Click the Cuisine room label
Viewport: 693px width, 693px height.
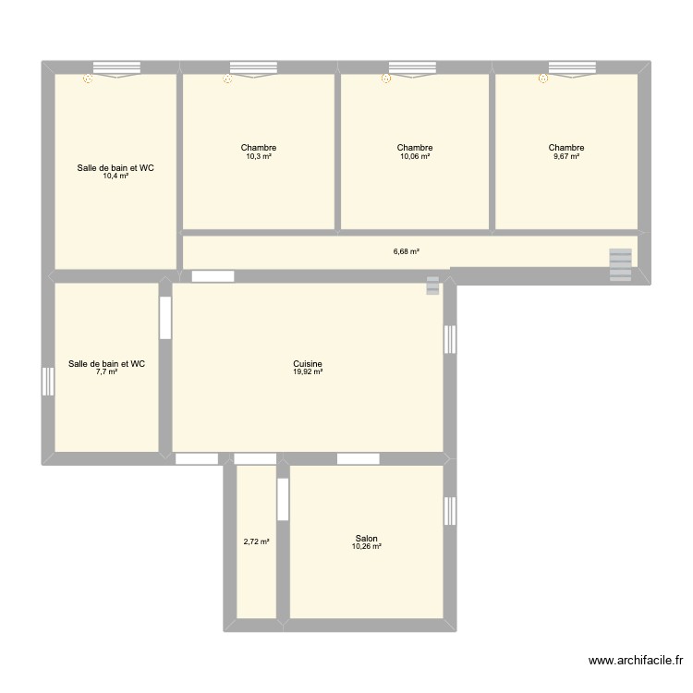(307, 364)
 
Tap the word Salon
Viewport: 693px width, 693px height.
(366, 539)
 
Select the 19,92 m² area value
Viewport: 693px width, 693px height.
(307, 372)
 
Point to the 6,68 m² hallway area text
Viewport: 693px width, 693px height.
(407, 251)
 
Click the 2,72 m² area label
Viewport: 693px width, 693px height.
(256, 542)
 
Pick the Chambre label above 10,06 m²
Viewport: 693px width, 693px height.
(415, 148)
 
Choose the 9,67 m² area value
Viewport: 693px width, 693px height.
(565, 156)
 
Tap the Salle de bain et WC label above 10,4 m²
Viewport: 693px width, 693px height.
(115, 167)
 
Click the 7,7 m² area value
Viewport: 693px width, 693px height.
(106, 372)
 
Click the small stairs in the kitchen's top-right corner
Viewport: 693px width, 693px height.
(432, 286)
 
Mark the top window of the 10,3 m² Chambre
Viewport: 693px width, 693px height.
(258, 67)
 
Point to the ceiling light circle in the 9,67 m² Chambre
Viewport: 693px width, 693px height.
(543, 79)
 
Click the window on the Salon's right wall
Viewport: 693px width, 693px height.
(450, 511)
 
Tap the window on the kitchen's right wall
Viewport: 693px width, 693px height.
(450, 339)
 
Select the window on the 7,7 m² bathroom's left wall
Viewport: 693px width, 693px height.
(47, 382)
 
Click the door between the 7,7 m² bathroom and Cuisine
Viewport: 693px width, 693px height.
(165, 318)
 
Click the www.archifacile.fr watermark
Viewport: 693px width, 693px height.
(635, 661)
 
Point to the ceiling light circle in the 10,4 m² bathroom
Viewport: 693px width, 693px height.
(88, 79)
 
